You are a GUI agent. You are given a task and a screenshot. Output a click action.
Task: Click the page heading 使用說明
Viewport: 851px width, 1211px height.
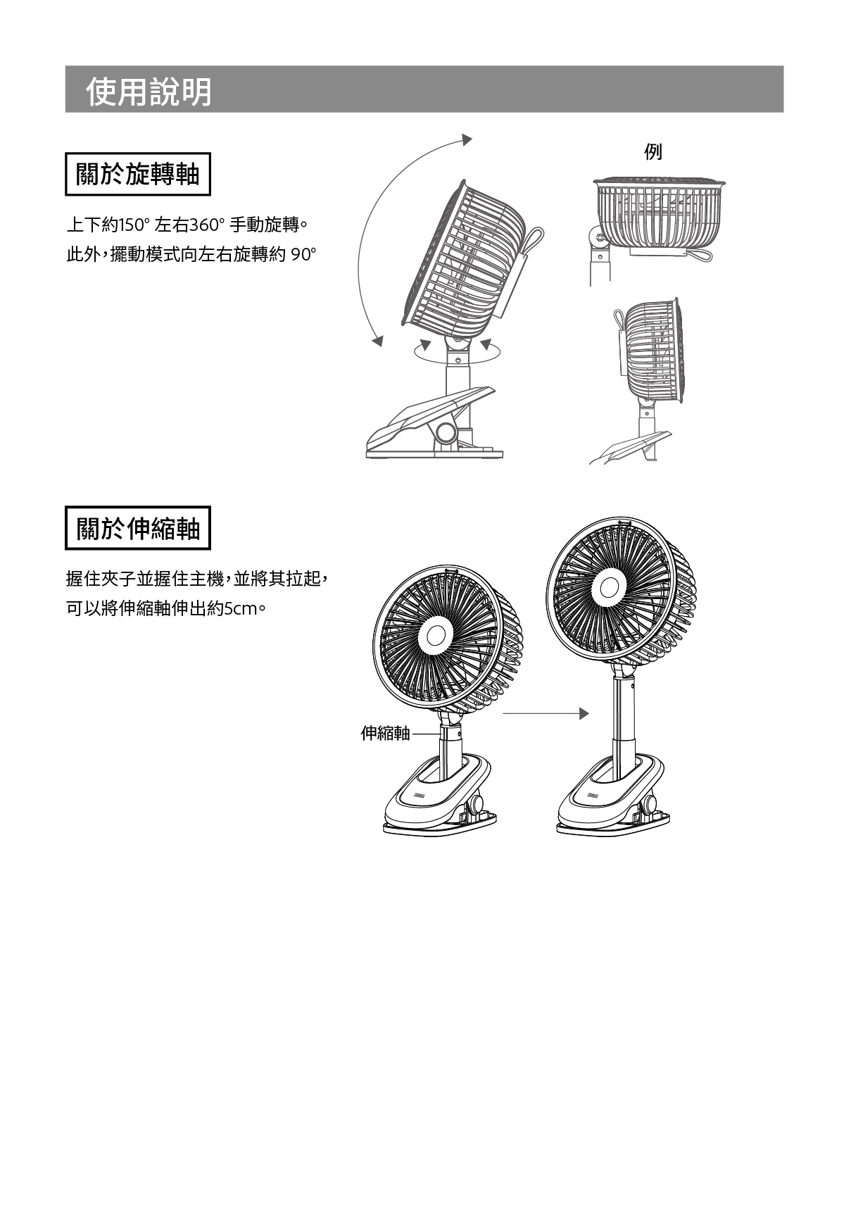[149, 92]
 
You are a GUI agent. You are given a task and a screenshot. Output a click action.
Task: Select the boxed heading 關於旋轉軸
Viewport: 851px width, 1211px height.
[138, 174]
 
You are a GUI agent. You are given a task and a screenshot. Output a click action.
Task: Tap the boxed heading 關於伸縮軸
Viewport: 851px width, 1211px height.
[138, 528]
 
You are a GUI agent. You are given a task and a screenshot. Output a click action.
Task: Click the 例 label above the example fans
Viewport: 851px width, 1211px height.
[653, 151]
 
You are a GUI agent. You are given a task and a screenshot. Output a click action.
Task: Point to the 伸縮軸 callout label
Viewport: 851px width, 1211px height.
[384, 734]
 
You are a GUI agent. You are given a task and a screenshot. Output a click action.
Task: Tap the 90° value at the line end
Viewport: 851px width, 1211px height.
[303, 254]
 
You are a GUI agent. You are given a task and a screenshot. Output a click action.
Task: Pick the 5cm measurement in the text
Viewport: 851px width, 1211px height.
[240, 608]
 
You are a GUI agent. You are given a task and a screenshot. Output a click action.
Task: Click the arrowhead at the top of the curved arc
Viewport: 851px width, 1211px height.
[466, 139]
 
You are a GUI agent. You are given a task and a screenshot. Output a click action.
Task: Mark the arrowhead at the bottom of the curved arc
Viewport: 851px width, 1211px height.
[378, 341]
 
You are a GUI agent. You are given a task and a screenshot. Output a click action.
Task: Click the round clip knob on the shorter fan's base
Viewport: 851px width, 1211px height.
[480, 803]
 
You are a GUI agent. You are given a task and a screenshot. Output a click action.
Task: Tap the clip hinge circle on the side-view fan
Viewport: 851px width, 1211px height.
[446, 431]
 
